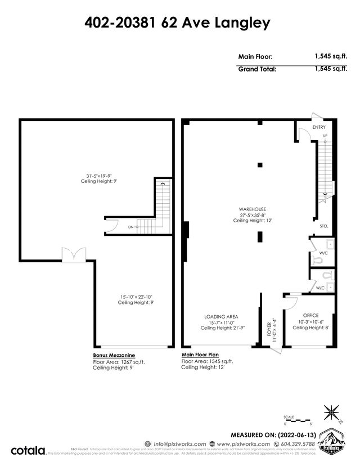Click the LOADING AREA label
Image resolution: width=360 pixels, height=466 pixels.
pos(218,317)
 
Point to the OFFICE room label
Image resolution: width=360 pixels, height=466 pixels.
pos(310,315)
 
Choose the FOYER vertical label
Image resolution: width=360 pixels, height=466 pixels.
pos(269,329)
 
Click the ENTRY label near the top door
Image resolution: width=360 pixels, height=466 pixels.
pos(319,127)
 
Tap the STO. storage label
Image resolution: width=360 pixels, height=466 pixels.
pos(323,226)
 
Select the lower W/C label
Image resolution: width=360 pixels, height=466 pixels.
pos(320,288)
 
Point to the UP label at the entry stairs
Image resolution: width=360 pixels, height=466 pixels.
pos(325,136)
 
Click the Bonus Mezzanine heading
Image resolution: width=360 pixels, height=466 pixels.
pos(113,355)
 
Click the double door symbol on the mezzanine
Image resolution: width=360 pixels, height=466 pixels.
pos(74,255)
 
